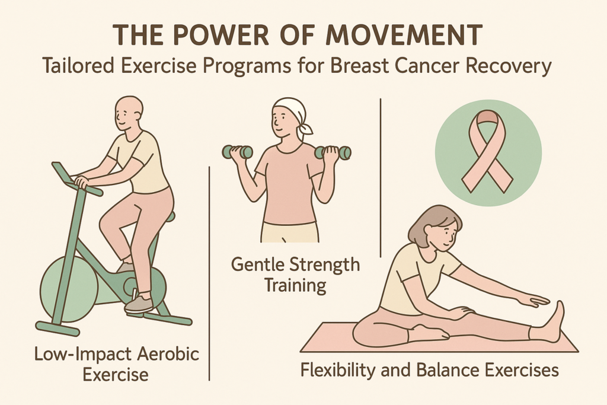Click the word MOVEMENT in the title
404,35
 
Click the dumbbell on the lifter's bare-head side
237,152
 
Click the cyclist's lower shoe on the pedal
139,304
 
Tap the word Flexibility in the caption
338,370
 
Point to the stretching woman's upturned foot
554,321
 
